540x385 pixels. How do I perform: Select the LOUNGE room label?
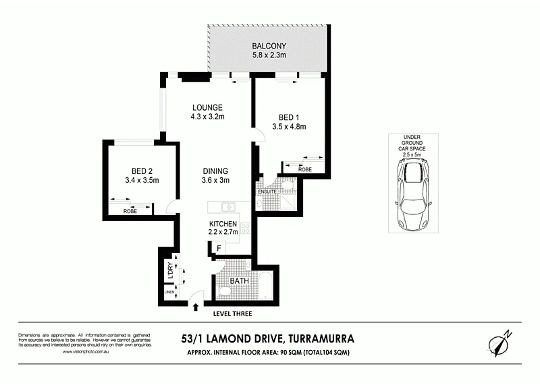click(207, 108)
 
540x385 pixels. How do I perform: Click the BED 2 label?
click(142, 171)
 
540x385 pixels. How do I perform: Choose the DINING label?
click(215, 171)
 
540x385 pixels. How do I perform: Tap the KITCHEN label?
click(223, 224)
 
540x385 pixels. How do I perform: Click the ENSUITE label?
click(267, 192)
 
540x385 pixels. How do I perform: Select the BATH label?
click(240, 280)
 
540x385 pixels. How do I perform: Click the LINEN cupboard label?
click(168, 293)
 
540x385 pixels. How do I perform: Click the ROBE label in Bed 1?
click(304, 170)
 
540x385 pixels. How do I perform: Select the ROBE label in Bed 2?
click(131, 212)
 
